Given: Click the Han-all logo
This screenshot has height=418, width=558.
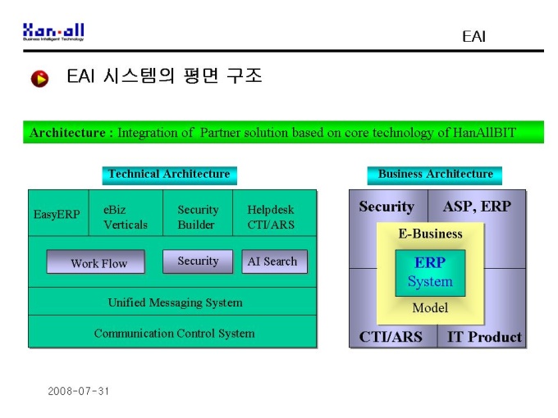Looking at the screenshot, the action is click(x=53, y=32).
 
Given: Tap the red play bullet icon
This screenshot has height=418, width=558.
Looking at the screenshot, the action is click(x=39, y=79).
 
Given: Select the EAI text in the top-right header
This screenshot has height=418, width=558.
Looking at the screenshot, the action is click(x=473, y=37).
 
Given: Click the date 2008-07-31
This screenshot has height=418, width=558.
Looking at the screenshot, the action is click(x=78, y=391).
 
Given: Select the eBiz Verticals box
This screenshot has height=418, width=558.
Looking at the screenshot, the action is click(x=126, y=213).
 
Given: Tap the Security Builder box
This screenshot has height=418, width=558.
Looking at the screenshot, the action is click(x=198, y=213).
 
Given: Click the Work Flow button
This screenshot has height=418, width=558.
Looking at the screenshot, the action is click(x=96, y=261).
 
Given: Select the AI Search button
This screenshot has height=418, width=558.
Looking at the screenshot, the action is click(x=274, y=261).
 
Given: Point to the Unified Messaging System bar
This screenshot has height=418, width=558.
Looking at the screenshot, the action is click(x=172, y=302).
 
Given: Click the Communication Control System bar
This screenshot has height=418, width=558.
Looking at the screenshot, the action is click(x=172, y=332).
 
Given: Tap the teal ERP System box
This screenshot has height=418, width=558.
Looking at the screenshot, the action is click(x=430, y=273).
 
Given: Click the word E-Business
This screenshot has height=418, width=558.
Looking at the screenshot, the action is click(x=430, y=234).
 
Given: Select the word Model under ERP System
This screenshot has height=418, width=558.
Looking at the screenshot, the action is click(x=430, y=308).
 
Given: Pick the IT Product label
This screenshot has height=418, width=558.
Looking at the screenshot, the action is click(x=484, y=337).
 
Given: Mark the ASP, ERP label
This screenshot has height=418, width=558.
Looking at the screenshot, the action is click(x=477, y=207).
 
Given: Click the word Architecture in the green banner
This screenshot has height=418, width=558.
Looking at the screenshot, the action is click(x=67, y=133).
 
